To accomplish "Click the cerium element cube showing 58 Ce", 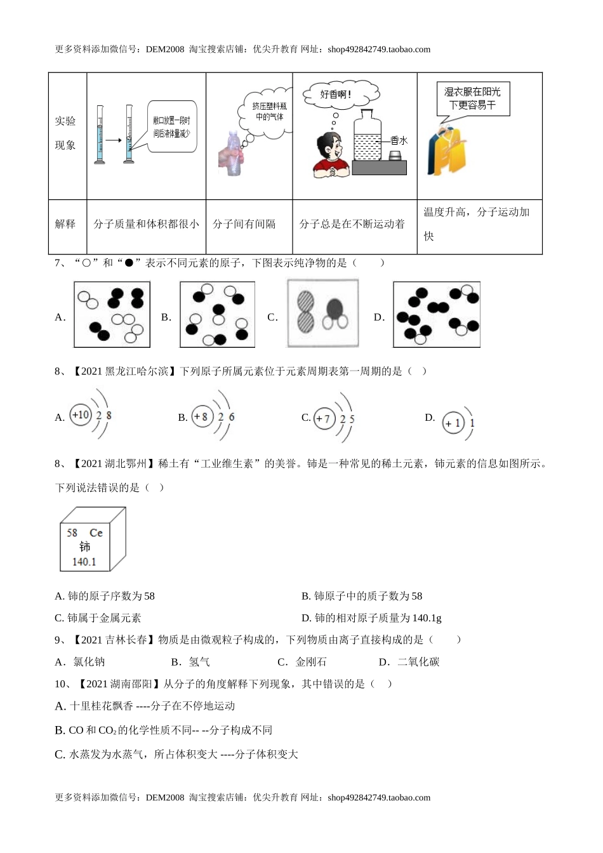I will [93, 538].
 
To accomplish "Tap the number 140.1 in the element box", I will [84, 562].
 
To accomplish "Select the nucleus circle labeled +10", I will [81, 416].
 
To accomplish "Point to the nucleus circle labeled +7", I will [324, 419].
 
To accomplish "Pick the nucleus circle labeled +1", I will [453, 423].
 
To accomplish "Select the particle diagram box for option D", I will [436, 315].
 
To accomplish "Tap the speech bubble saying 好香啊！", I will [336, 95].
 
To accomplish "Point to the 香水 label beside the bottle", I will [399, 141].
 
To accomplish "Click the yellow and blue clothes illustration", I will [449, 151].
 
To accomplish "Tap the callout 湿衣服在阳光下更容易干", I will [473, 99].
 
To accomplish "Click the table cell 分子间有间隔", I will [244, 224].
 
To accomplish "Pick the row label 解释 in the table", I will [65, 224].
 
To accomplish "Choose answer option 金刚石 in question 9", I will [311, 662].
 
